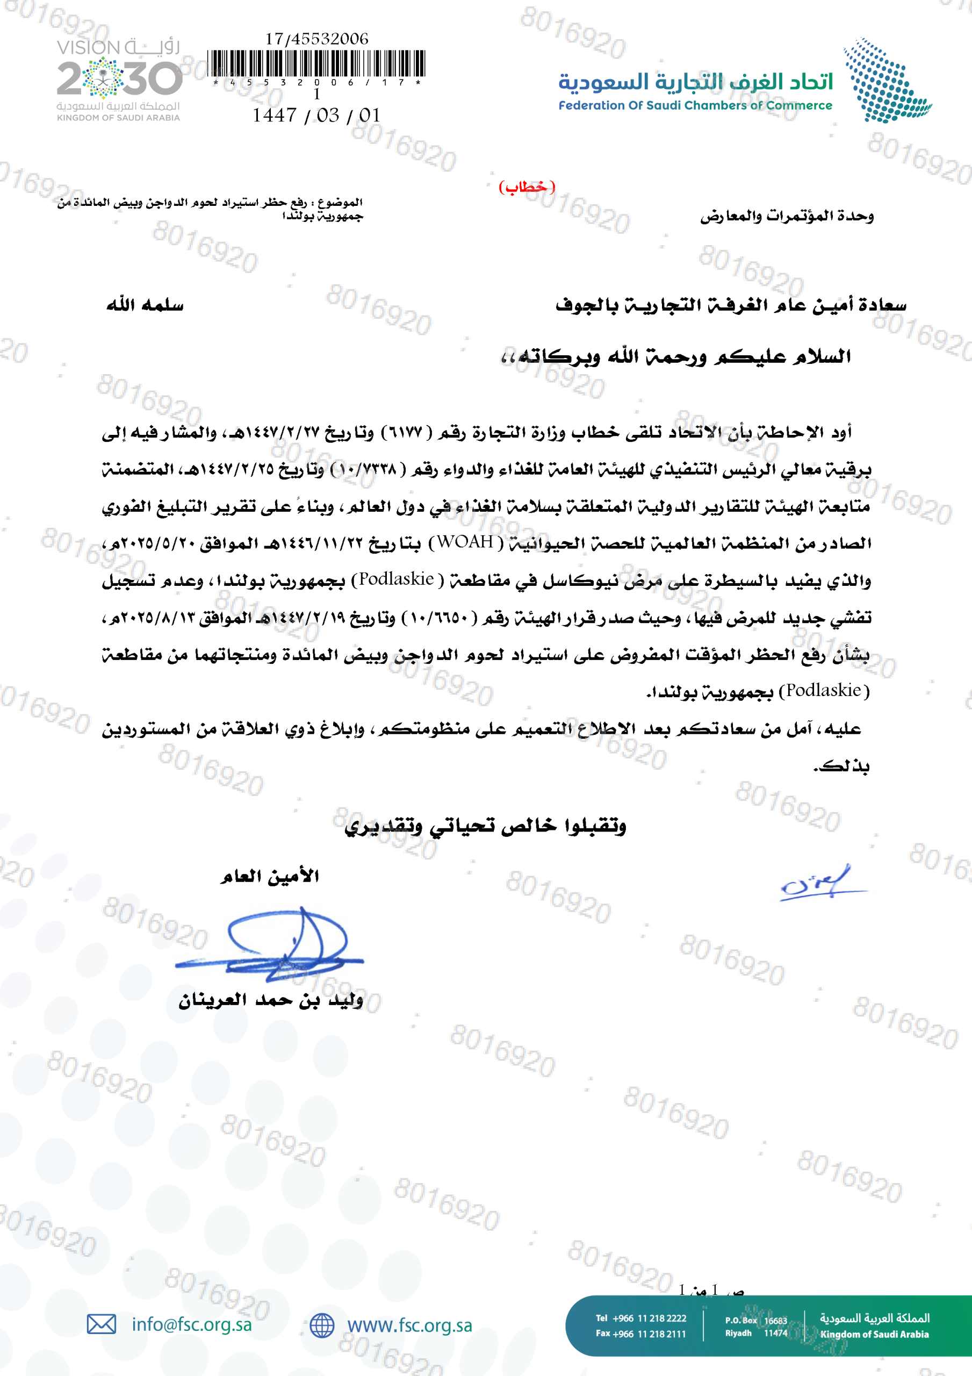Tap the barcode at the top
tap(316, 64)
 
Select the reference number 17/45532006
tap(317, 39)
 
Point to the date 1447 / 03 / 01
tap(316, 115)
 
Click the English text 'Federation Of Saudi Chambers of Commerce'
tap(695, 105)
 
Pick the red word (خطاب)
tap(527, 187)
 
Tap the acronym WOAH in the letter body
tap(465, 542)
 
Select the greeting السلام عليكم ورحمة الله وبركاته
tap(676, 357)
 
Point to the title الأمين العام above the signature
tap(270, 877)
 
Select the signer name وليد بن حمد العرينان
tap(271, 1001)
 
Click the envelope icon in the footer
tap(101, 1324)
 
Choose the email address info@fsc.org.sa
tap(192, 1324)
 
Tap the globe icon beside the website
tap(322, 1325)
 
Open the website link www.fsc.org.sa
tap(410, 1325)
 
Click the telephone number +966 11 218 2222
tap(649, 1318)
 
